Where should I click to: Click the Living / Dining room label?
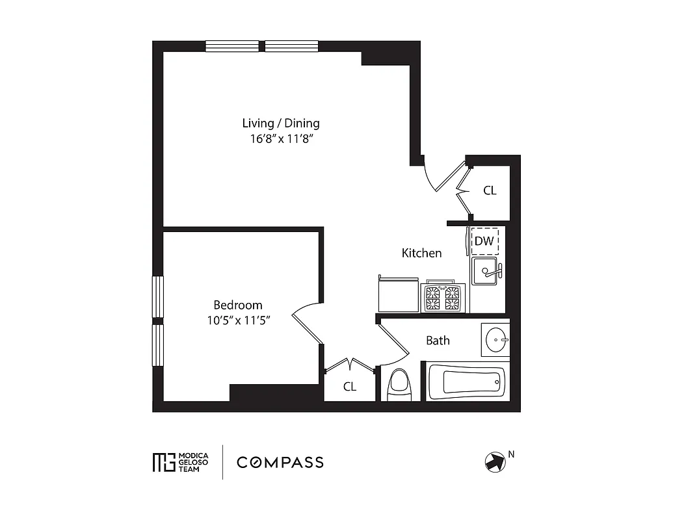tap(281, 123)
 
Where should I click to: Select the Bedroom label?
tap(238, 305)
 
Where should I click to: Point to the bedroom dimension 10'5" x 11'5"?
tap(238, 320)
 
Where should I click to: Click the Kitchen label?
tap(421, 253)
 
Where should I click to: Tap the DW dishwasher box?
tap(484, 240)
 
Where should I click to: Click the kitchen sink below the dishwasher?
tap(485, 271)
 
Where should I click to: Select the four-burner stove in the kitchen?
tap(442, 298)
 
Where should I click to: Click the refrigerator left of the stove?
tap(397, 295)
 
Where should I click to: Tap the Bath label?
tap(438, 341)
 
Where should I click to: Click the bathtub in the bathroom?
tap(466, 382)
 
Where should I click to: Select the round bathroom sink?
tap(497, 340)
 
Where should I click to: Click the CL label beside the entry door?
tap(490, 191)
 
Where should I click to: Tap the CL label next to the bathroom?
tap(350, 387)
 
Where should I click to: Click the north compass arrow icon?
tap(495, 462)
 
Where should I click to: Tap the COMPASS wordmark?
tap(280, 463)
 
